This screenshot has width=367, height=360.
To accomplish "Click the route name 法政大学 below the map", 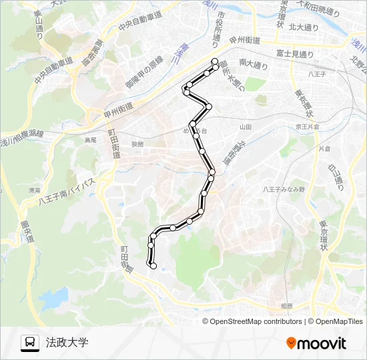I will click(x=67, y=343).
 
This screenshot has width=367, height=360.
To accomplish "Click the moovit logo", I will click(x=316, y=343).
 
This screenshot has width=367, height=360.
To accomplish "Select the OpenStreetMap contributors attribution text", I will click(x=256, y=321).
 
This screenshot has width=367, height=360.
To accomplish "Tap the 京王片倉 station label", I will click(x=308, y=126).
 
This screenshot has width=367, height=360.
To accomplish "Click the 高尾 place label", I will click(x=91, y=140).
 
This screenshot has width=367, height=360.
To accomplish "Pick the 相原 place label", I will click(x=287, y=305).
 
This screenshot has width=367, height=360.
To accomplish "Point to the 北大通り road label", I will click(x=304, y=27).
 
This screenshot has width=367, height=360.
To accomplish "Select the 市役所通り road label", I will click(x=219, y=29).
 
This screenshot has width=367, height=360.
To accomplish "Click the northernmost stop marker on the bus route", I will click(x=214, y=61).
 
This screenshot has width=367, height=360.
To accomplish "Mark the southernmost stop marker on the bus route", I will click(x=153, y=266).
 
